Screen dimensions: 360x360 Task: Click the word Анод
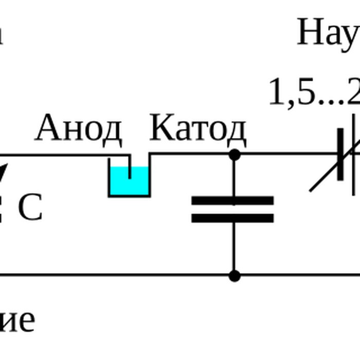78,129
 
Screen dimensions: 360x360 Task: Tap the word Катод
197,129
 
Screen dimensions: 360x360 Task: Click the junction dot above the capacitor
235,154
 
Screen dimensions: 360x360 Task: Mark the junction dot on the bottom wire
235,276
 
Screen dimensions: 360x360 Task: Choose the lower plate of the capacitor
232,218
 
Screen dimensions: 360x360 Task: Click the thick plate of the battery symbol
340,154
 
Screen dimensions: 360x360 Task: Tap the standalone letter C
30,208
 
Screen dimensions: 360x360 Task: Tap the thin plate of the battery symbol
354,154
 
